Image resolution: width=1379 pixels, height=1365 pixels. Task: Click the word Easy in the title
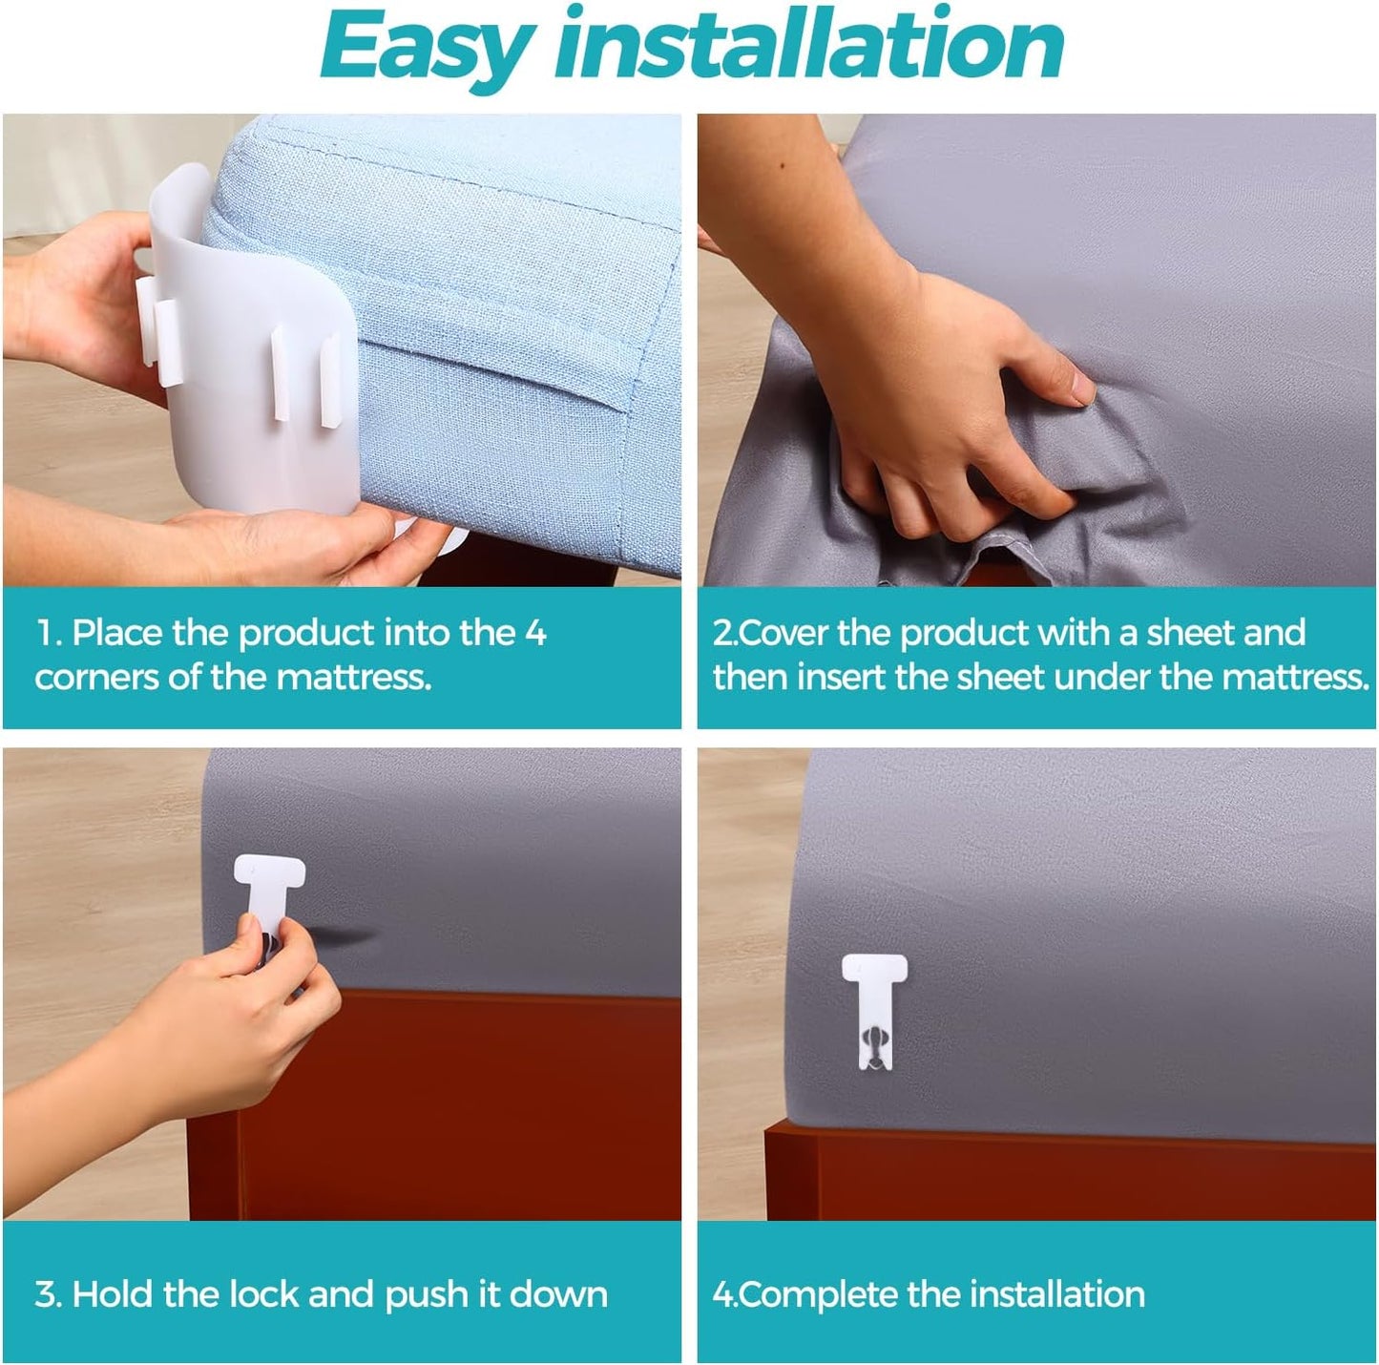coord(428,49)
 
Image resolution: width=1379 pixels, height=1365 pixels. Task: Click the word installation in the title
coord(808,43)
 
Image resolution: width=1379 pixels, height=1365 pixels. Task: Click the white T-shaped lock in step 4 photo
coord(874,1011)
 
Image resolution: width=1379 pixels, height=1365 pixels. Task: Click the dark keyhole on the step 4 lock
coord(874,1037)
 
